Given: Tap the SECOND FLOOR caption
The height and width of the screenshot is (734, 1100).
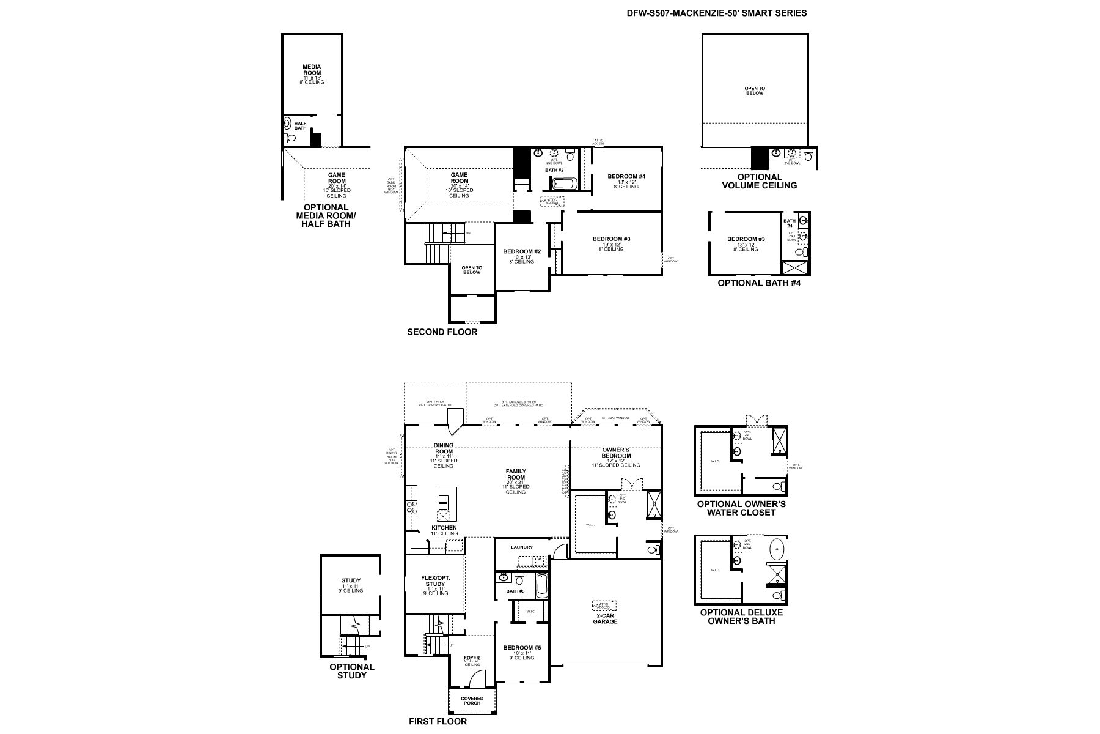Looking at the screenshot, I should (x=442, y=332).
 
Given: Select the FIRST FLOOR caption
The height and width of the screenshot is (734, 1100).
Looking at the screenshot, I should (x=438, y=721).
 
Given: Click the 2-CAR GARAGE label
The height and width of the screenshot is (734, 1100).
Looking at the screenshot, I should (x=605, y=618).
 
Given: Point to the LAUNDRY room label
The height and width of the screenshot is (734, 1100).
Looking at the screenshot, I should (x=522, y=547).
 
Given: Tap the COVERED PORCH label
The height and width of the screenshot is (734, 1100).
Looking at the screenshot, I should (x=472, y=700).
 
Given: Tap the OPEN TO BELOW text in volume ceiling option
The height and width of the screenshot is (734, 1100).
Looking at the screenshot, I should (x=754, y=91).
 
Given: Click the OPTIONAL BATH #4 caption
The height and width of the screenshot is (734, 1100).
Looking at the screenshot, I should (x=758, y=283).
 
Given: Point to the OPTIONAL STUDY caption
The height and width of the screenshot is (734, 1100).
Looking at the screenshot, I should (x=352, y=671).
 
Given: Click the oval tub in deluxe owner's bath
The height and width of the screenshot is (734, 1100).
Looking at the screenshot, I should (x=776, y=549).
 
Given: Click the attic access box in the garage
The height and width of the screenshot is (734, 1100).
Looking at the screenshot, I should (x=604, y=606).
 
